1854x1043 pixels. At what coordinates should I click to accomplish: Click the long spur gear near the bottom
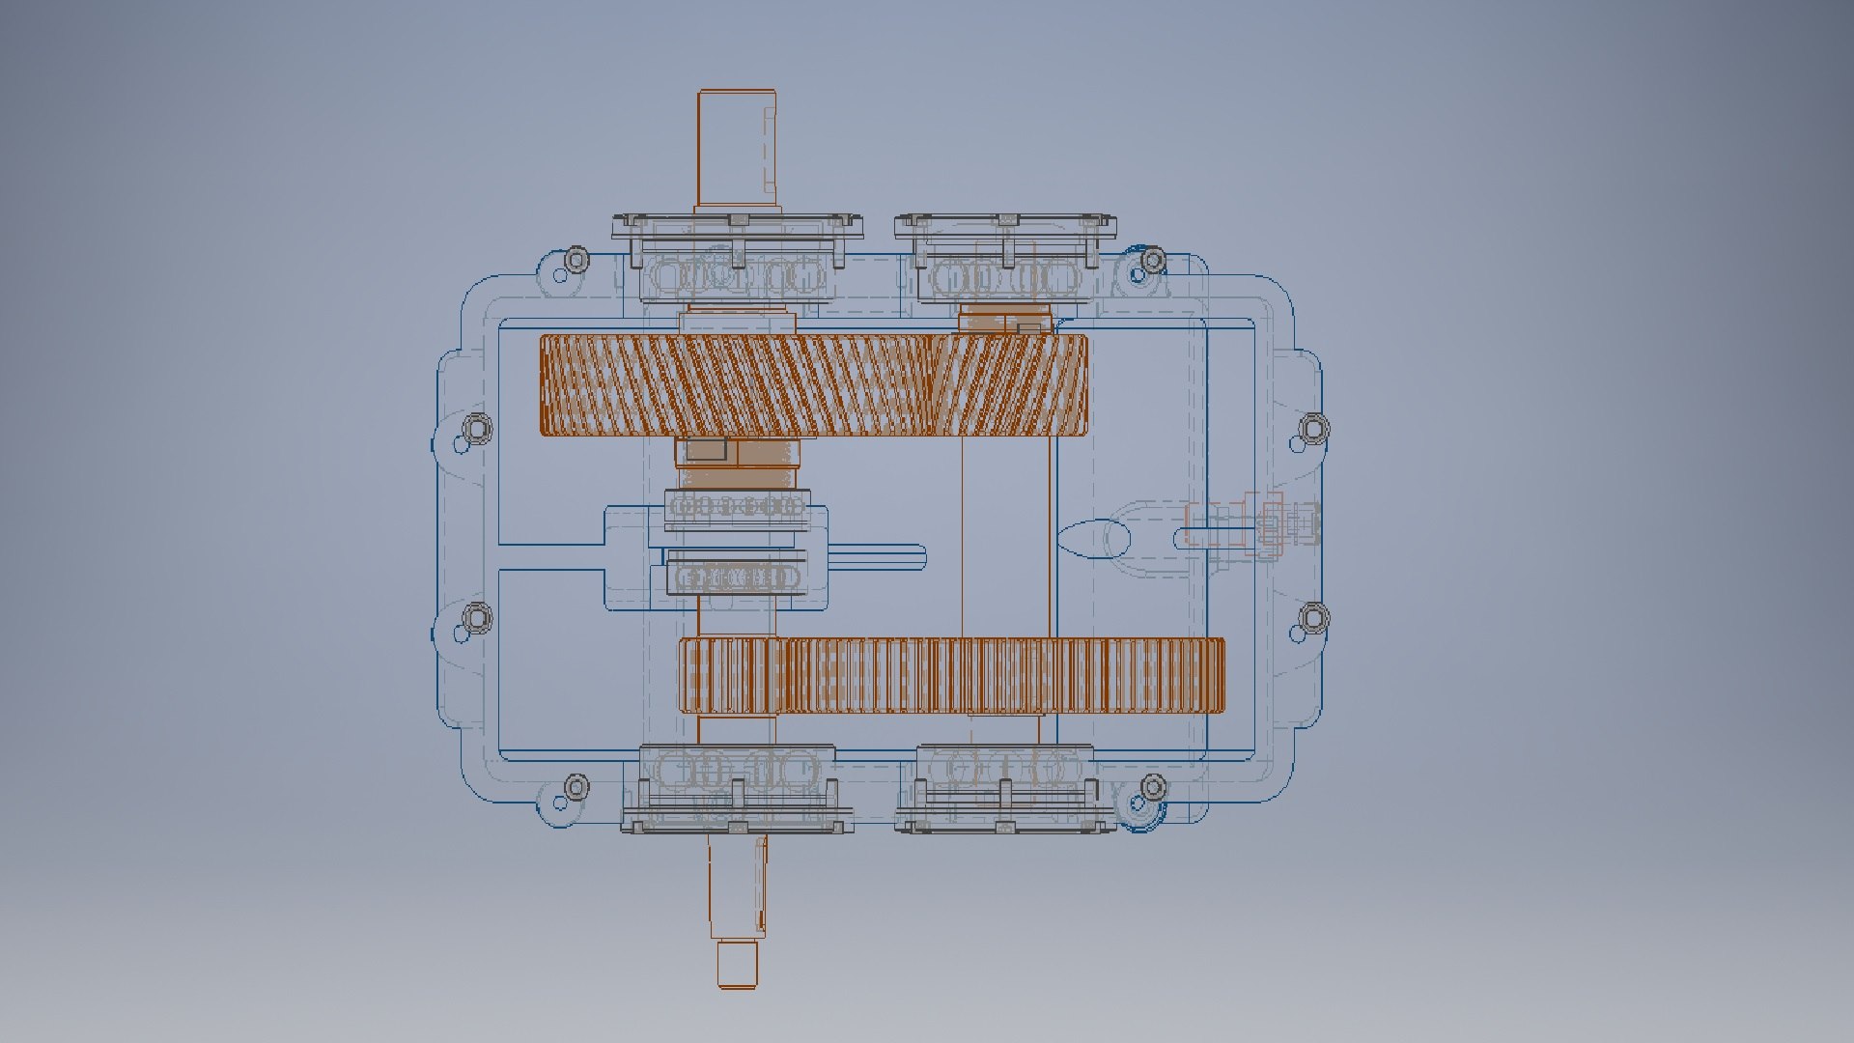click(x=951, y=675)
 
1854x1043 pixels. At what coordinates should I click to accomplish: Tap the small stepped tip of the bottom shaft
click(x=737, y=965)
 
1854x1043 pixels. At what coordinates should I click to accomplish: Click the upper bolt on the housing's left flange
click(x=477, y=427)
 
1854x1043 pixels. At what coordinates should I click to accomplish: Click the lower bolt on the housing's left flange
click(x=477, y=616)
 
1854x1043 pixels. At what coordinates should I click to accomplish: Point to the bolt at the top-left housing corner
click(x=576, y=259)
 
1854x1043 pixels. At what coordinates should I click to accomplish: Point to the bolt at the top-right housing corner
click(x=1152, y=259)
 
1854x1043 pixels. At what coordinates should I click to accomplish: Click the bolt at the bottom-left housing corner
click(x=576, y=786)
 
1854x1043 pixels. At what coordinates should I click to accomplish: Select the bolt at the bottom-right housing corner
click(x=1152, y=788)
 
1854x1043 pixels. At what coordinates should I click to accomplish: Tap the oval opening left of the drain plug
click(x=1094, y=538)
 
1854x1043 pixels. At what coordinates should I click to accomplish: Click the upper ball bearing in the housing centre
click(x=737, y=506)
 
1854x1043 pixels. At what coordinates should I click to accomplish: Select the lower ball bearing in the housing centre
click(x=737, y=578)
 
